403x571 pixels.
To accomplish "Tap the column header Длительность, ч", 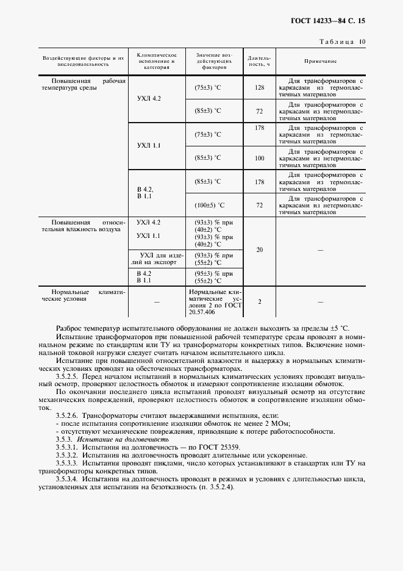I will click(x=259, y=62).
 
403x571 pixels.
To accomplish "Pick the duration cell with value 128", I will click(x=260, y=88).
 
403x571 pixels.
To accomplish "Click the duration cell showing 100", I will click(x=260, y=158).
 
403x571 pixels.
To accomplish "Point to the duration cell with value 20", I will click(x=260, y=250).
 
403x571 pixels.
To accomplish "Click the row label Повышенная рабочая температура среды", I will click(x=83, y=84).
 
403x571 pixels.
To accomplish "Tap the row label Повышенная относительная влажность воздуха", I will click(x=83, y=226).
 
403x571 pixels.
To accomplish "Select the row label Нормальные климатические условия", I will click(x=83, y=296).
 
